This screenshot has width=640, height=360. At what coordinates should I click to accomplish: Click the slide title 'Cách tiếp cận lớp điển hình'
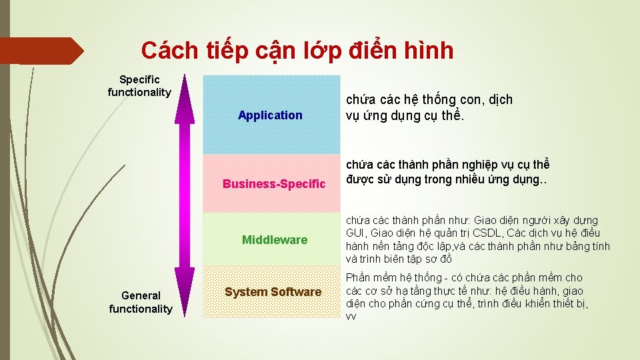coord(297,50)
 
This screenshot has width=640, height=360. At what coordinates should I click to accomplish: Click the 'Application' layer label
coord(270,115)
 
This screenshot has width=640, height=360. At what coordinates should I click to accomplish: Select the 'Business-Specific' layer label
coord(274,183)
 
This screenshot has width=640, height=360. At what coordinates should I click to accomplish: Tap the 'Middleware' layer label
coord(275,240)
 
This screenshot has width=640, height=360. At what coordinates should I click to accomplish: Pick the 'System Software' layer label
coord(273,292)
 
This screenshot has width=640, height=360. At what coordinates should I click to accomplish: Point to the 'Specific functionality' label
coord(139,86)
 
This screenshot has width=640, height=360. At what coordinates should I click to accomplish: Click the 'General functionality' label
coord(141,302)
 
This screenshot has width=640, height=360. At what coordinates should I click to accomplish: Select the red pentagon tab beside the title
coord(40,51)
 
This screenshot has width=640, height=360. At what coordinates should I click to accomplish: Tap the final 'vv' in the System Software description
coord(351,317)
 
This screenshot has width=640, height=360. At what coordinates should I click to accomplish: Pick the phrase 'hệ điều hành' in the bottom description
coord(527,291)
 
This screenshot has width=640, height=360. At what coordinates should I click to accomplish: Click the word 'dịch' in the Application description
coord(500,100)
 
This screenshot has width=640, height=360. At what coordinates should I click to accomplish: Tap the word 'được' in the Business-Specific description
coord(360,179)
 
